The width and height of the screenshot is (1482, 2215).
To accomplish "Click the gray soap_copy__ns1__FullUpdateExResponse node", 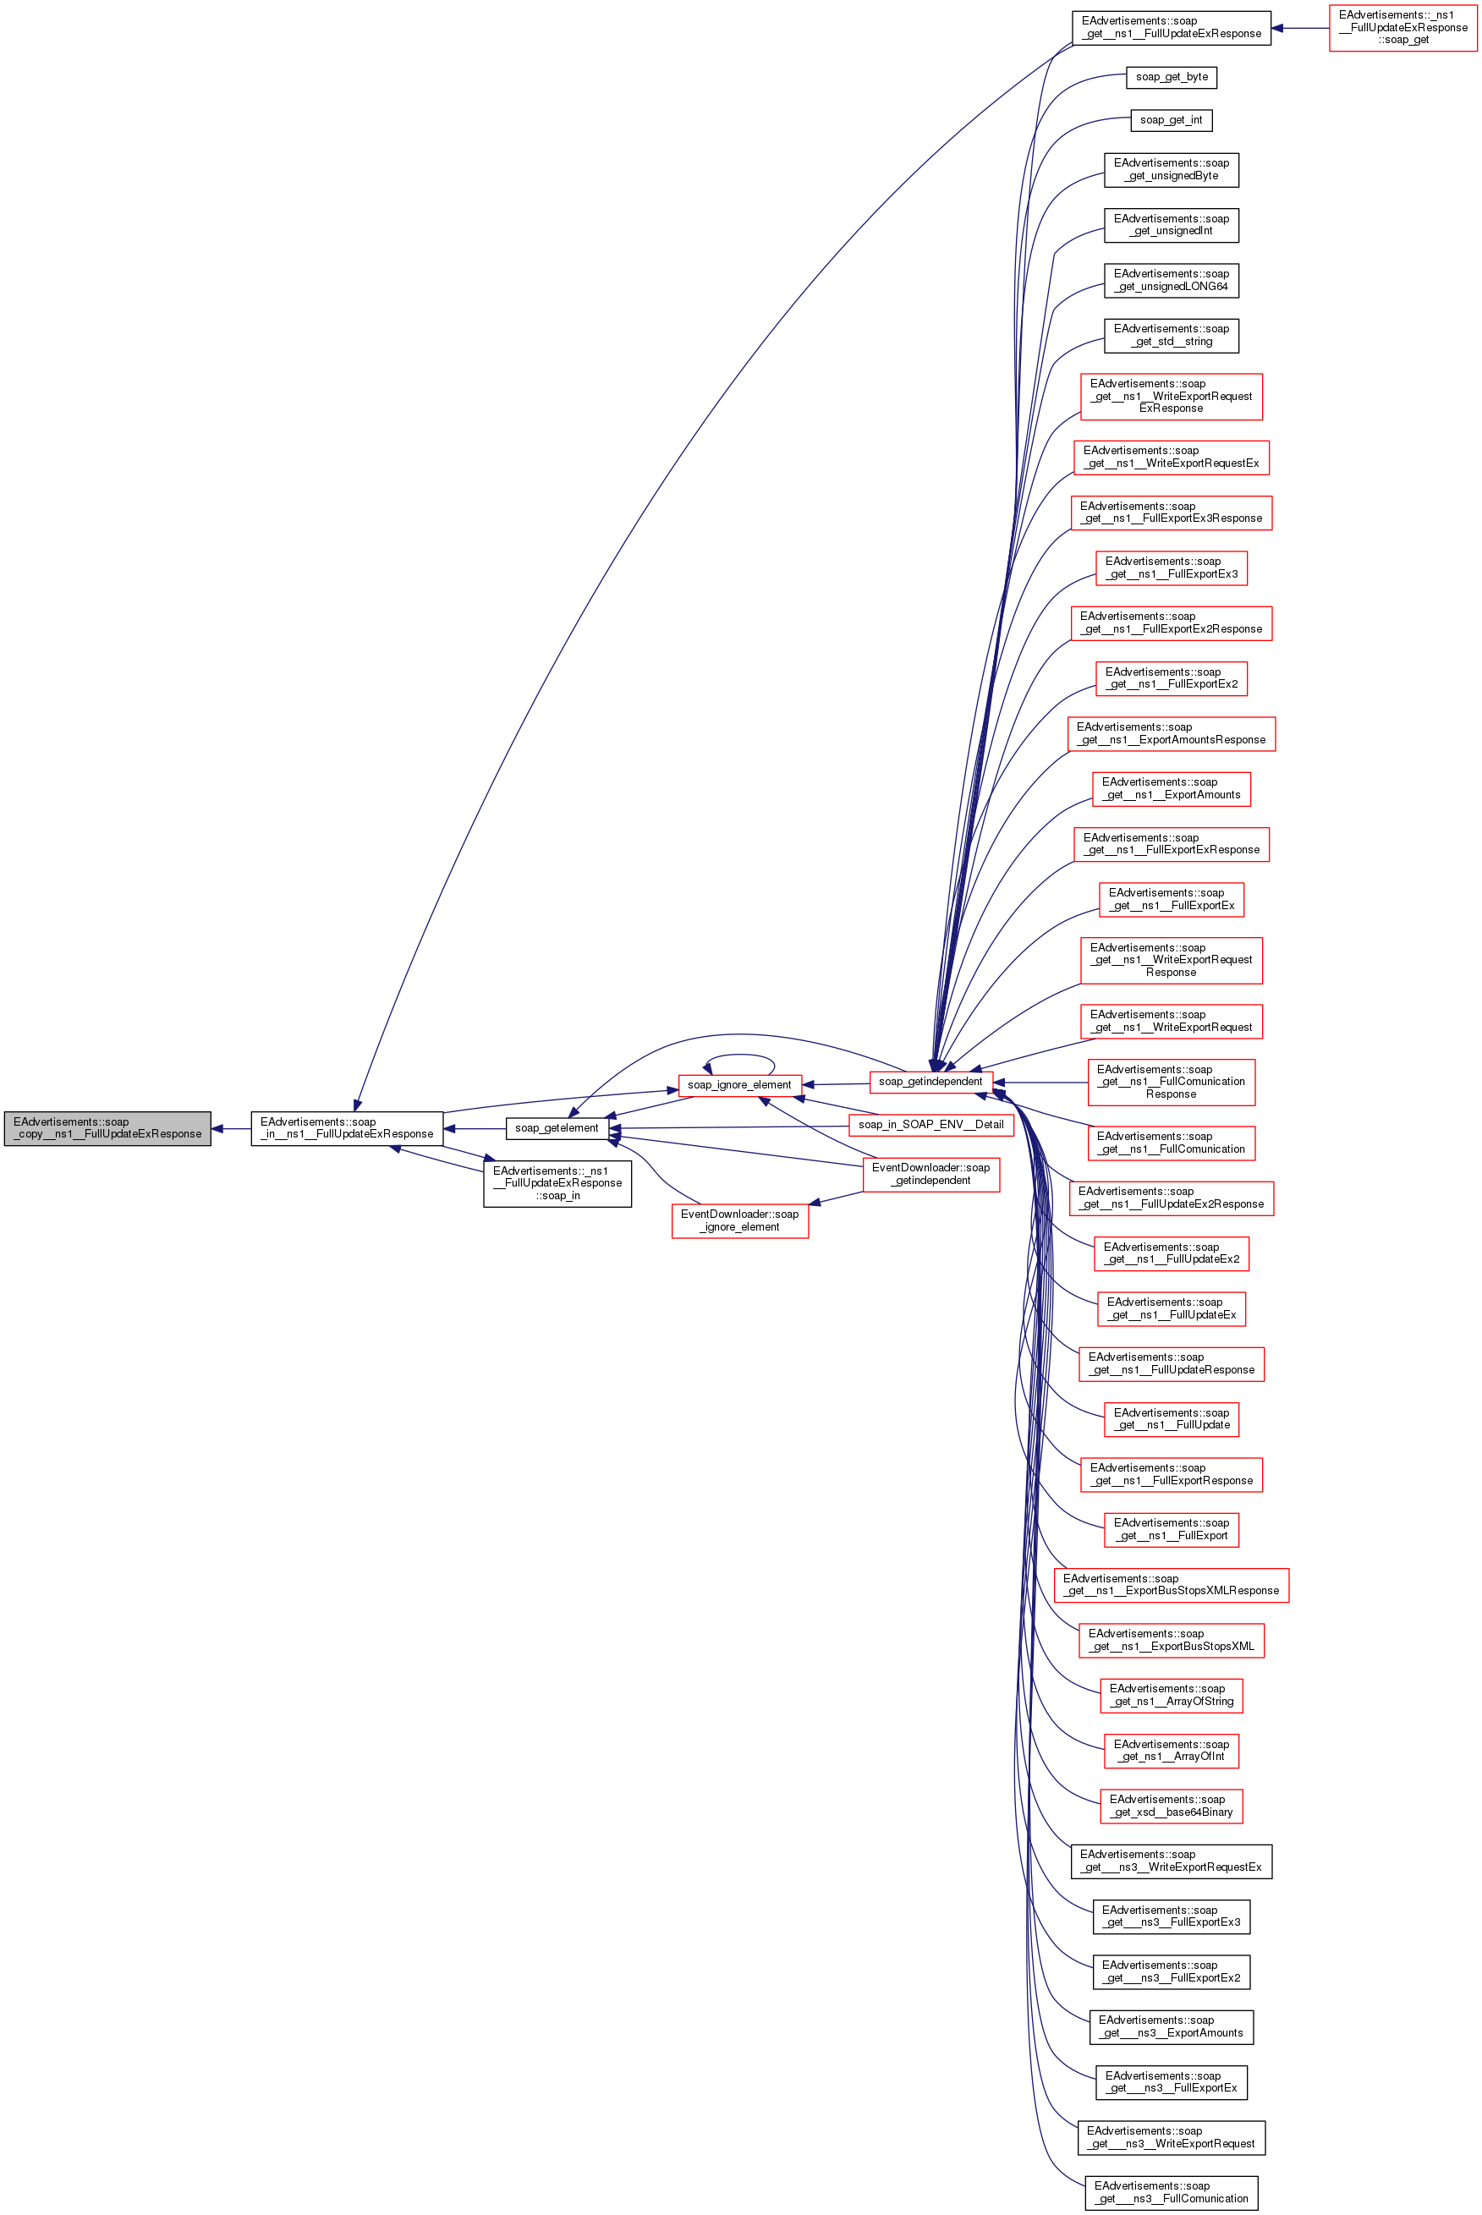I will click(107, 1127).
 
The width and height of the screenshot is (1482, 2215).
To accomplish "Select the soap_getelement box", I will click(557, 1127).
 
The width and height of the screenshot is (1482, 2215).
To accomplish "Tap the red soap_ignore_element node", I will click(739, 1085).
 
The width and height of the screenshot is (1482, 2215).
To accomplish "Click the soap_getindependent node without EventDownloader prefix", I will click(930, 1081).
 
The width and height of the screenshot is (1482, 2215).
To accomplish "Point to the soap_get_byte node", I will click(1170, 77).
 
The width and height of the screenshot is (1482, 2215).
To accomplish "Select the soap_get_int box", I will click(1170, 120).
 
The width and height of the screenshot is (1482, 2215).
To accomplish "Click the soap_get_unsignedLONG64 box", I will click(1170, 281).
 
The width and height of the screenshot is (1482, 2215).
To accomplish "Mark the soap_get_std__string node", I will click(1170, 336).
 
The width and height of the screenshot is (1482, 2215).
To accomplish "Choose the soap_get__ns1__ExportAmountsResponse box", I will click(1170, 733).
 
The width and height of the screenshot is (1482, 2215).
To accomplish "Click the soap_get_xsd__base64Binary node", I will click(1170, 1806).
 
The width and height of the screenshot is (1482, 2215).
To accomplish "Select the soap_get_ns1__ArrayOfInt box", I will click(1170, 1750).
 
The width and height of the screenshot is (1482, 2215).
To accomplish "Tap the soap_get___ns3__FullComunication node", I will click(1170, 2192).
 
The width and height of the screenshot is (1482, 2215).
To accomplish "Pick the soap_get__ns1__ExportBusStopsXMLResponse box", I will click(1170, 1585).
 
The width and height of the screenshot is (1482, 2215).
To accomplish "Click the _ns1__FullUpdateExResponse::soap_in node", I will click(557, 1183).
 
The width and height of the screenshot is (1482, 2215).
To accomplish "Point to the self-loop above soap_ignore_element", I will click(739, 1055).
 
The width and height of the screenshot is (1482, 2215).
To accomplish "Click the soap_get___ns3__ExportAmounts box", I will click(1170, 2026).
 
